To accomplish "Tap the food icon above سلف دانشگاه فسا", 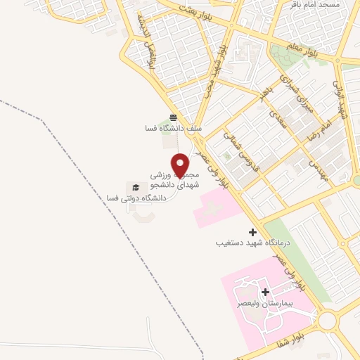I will (x=174, y=117).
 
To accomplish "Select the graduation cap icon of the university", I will (x=136, y=186).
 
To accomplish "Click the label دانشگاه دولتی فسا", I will (x=135, y=199).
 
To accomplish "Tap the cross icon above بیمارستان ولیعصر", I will (x=265, y=292).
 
